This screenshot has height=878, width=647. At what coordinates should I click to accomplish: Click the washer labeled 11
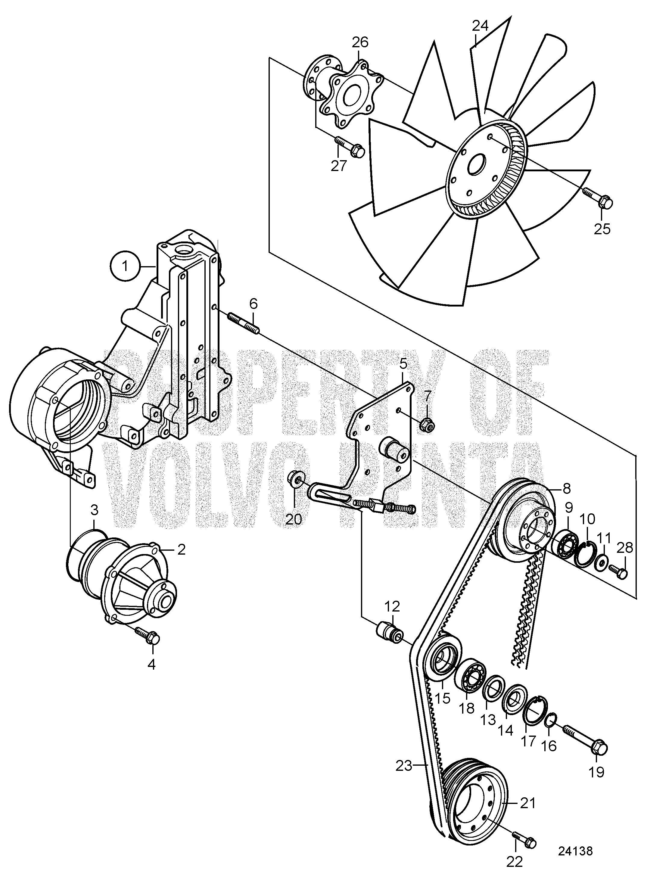601,565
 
